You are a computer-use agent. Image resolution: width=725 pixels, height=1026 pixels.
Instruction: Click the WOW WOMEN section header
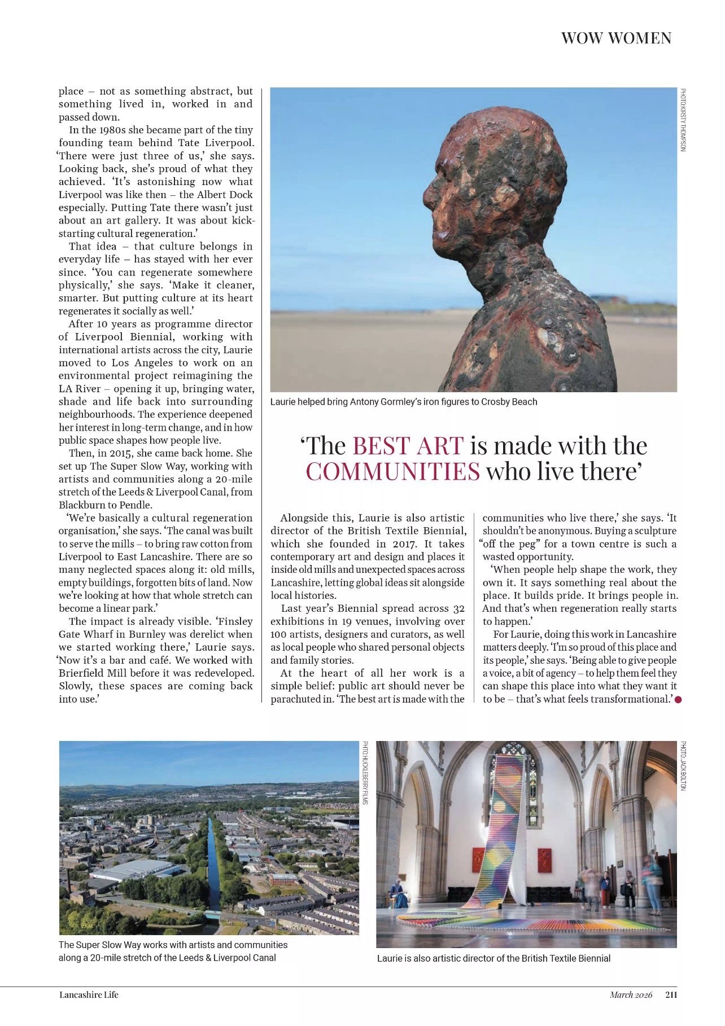[x=616, y=38]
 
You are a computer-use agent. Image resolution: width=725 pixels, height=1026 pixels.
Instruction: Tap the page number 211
[x=671, y=994]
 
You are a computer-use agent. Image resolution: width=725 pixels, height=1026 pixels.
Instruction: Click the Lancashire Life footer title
[x=89, y=994]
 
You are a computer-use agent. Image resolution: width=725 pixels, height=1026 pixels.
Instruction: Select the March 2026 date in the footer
[x=631, y=994]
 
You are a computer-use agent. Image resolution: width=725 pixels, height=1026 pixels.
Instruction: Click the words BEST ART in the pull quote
[x=408, y=446]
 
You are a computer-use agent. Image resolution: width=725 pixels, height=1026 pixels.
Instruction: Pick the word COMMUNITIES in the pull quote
[x=393, y=471]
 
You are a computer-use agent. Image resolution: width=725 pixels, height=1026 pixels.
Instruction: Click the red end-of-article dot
[x=678, y=700]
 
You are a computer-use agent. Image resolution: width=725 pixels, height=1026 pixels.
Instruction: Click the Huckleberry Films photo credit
[x=365, y=773]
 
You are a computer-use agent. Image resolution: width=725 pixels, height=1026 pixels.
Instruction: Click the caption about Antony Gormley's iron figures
[x=404, y=402]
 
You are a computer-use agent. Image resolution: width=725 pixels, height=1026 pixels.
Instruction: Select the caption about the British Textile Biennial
[x=493, y=958]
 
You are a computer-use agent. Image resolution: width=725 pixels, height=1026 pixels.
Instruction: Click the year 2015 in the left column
[x=112, y=453]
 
